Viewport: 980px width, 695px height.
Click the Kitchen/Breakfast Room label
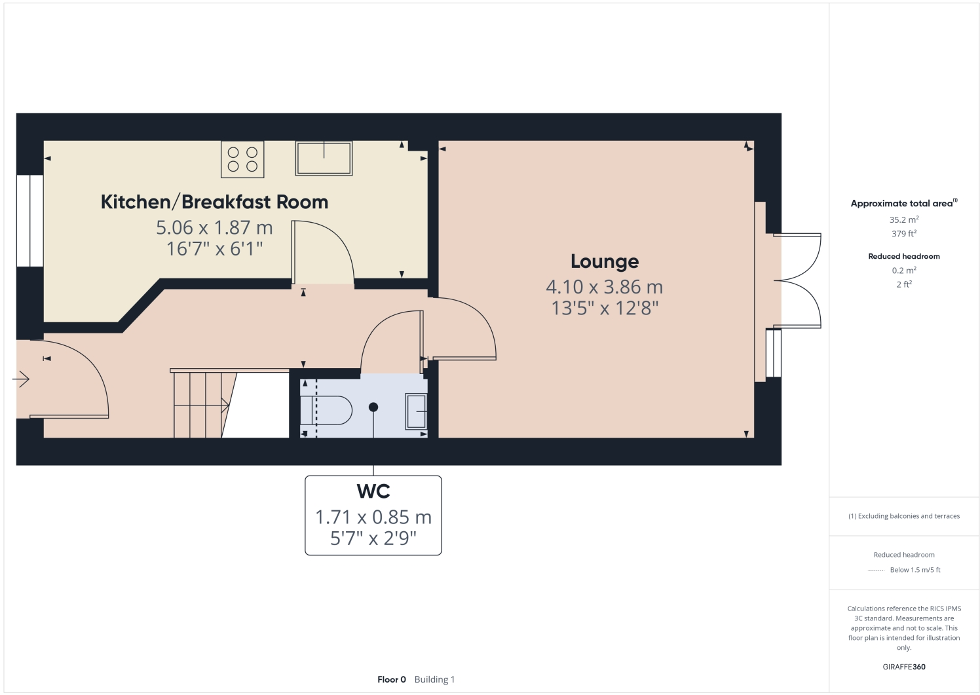[x=214, y=202]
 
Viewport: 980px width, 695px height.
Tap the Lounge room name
[x=604, y=261]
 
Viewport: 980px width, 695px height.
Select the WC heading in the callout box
[x=373, y=491]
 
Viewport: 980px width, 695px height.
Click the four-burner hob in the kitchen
[x=242, y=159]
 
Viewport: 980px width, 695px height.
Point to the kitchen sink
[x=324, y=159]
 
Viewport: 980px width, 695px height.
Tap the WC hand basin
[x=416, y=411]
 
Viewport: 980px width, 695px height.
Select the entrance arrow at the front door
[x=21, y=379]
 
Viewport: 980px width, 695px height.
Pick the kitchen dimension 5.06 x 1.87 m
[x=214, y=227]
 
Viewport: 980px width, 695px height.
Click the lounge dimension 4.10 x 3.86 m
[x=604, y=287]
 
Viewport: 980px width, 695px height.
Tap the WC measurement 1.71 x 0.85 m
[x=373, y=517]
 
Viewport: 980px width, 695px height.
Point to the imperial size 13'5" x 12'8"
[x=604, y=308]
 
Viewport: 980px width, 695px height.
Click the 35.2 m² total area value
[x=903, y=220]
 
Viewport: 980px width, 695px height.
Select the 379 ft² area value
[x=903, y=234]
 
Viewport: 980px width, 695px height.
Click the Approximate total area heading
[x=902, y=204]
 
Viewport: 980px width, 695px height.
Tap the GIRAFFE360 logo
[x=903, y=667]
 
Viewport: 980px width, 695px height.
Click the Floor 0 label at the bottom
[x=392, y=679]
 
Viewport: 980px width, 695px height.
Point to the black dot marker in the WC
[x=373, y=407]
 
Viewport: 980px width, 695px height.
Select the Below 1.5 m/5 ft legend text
[x=914, y=570]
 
